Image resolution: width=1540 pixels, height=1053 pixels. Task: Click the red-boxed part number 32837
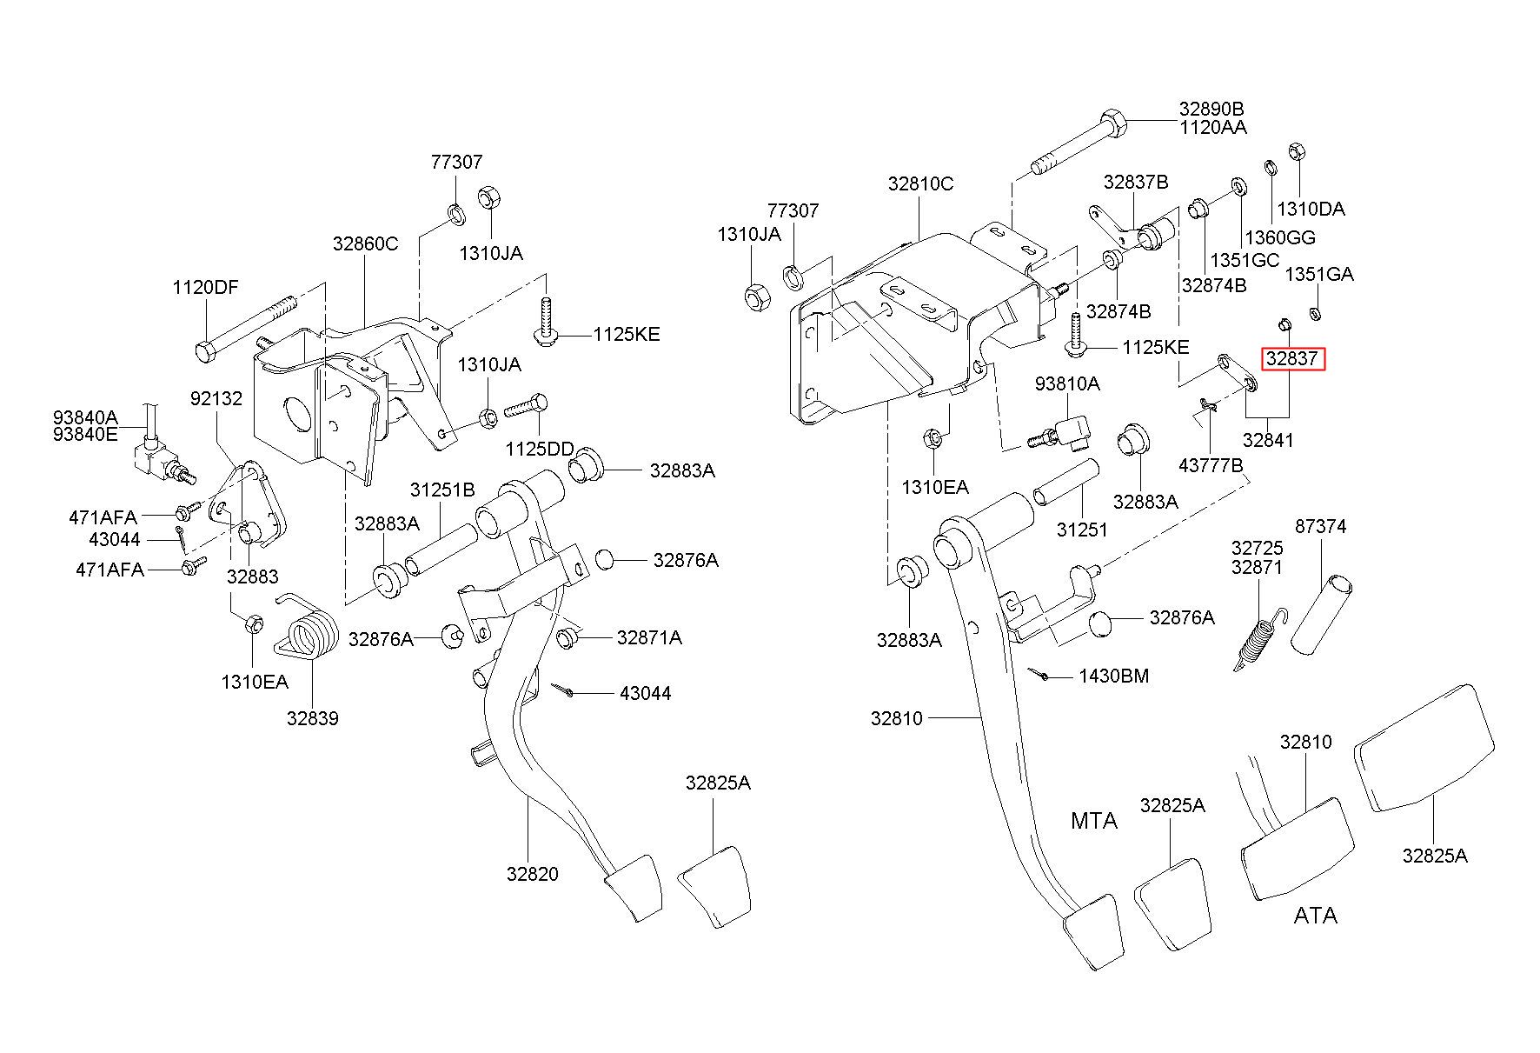click(x=1293, y=358)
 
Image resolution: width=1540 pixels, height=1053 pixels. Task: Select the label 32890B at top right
click(x=1211, y=109)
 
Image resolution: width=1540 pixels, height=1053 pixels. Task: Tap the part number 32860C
click(x=365, y=244)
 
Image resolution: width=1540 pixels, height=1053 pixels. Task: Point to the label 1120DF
click(x=205, y=288)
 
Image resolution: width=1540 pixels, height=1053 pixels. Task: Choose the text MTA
click(x=1094, y=820)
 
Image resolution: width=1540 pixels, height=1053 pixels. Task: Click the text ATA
click(x=1315, y=916)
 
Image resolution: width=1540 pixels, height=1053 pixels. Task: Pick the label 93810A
click(x=1066, y=383)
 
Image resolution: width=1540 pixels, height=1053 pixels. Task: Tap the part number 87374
click(x=1321, y=526)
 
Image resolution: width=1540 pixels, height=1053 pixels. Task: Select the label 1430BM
click(x=1114, y=676)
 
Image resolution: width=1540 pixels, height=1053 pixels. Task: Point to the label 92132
click(x=216, y=398)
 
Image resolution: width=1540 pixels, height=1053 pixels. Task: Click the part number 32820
click(x=533, y=875)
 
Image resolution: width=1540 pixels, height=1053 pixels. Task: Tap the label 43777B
click(x=1211, y=466)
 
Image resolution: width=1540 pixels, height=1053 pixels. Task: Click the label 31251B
click(x=442, y=490)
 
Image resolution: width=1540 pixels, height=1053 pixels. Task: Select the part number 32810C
click(x=920, y=183)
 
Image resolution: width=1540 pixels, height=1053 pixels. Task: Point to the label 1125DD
click(x=540, y=449)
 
